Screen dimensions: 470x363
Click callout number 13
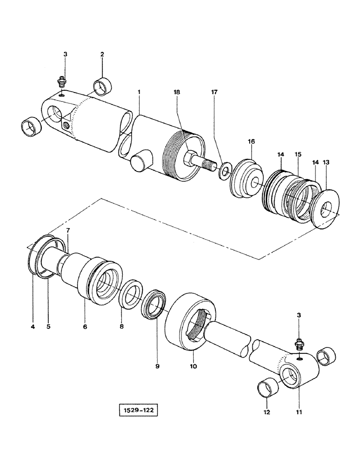point(326,162)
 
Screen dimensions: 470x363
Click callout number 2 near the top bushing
point(102,55)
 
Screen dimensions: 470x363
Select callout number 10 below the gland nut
point(193,365)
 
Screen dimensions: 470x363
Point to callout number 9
point(157,365)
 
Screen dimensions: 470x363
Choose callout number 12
point(267,413)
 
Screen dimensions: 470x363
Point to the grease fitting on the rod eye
point(298,346)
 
